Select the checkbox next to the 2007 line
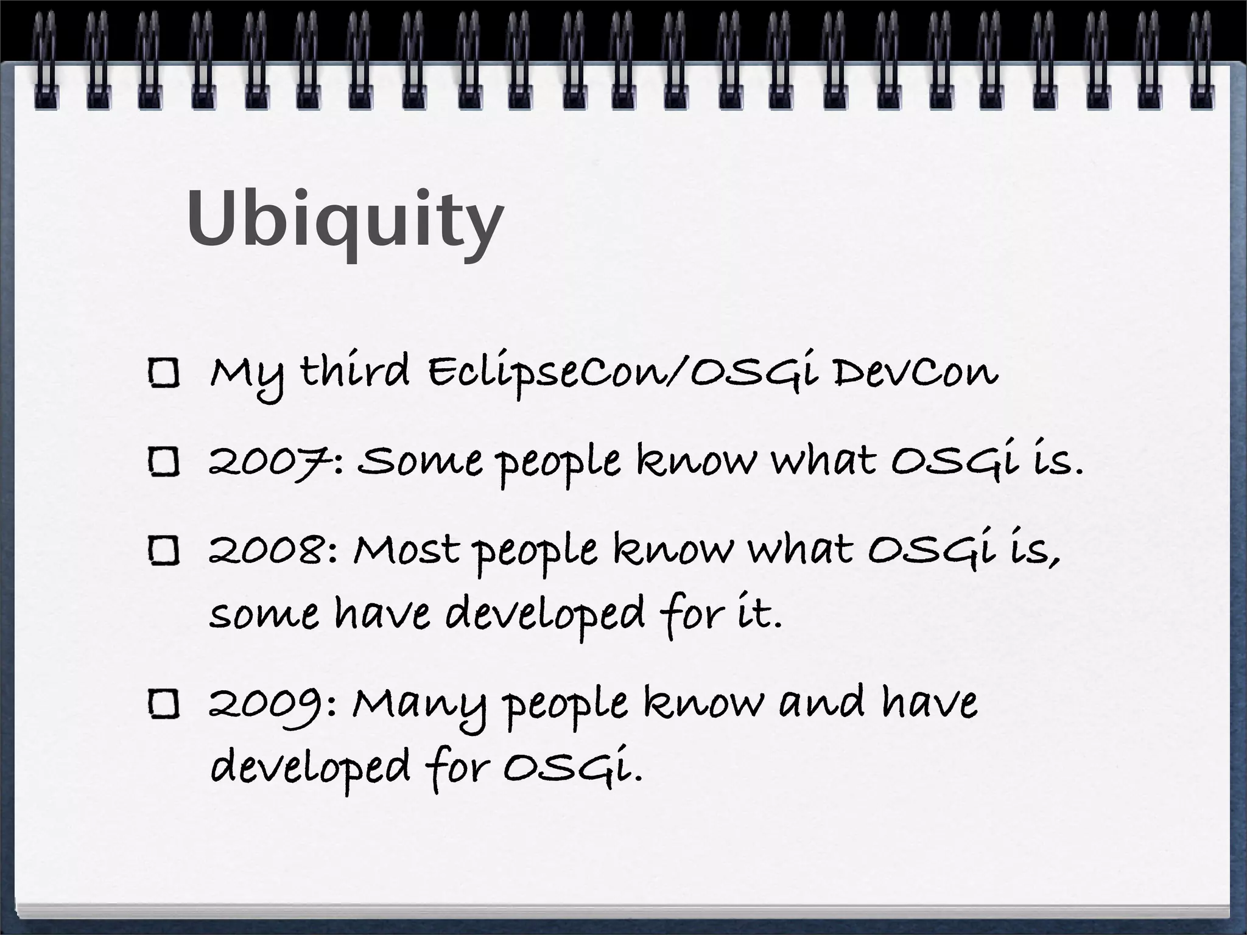click(x=164, y=461)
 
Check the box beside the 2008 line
click(x=164, y=551)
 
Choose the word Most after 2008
click(x=406, y=551)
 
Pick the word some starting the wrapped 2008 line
click(x=264, y=615)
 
